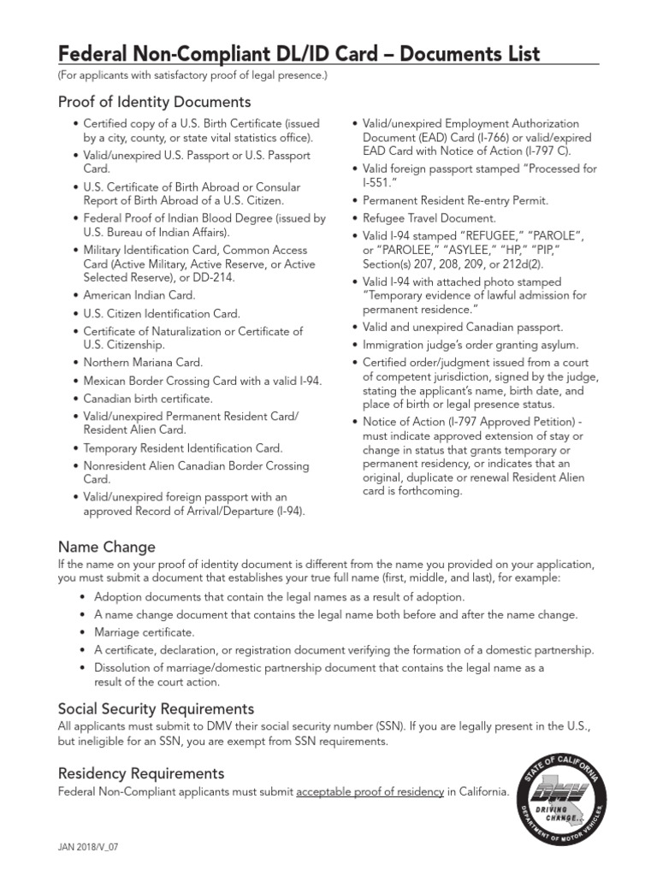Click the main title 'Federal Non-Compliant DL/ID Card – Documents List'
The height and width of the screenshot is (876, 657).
tap(299, 54)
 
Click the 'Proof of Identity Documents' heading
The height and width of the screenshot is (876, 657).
tap(154, 102)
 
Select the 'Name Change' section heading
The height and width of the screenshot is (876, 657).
tap(106, 546)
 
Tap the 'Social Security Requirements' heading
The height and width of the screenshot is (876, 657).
tap(156, 708)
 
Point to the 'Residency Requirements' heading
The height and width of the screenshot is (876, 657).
tap(141, 773)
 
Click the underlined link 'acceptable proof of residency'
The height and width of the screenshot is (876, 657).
tap(370, 791)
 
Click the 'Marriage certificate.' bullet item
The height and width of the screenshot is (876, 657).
tap(145, 632)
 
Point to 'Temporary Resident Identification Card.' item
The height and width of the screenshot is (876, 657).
tap(182, 448)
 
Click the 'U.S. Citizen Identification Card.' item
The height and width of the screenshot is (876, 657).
tap(162, 313)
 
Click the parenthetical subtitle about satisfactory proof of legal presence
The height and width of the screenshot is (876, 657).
tap(192, 76)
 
